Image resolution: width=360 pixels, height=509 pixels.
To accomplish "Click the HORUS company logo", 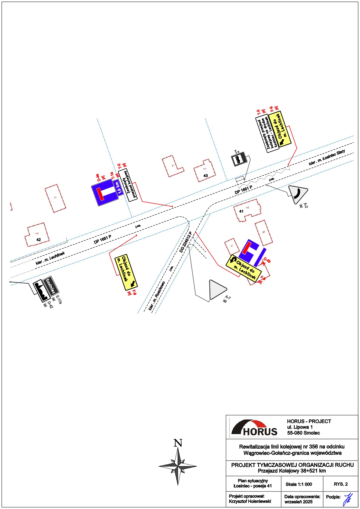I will coord(254,427).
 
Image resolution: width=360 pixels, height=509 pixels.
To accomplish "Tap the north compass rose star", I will coord(178,466).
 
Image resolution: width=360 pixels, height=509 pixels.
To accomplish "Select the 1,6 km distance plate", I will coord(118,188).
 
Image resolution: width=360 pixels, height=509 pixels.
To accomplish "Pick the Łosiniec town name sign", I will coord(51,286).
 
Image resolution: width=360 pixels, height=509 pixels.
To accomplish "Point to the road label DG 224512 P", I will coord(186,242).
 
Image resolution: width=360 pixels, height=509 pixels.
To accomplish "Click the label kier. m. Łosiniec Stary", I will coord(327,158).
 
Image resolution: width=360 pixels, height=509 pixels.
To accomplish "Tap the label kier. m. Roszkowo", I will coord(157,296).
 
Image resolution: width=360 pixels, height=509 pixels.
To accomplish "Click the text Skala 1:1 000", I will coord(299,484).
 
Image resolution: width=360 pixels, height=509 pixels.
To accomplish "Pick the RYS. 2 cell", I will coord(341,484).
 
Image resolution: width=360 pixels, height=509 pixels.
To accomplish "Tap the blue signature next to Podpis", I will coord(348,499).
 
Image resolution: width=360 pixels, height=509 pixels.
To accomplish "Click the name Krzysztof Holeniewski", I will coord(250,501).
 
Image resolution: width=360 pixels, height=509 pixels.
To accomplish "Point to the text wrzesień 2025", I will coord(299,501).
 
